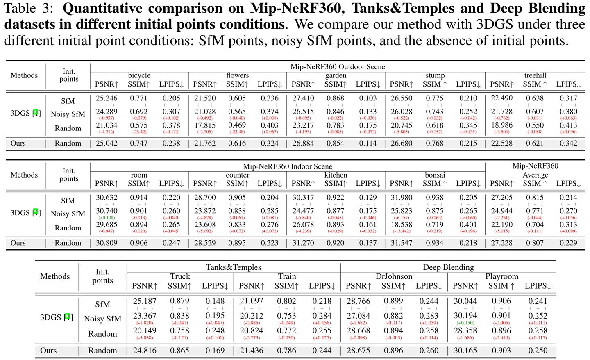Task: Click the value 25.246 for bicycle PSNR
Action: [107, 98]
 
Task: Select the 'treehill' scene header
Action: [535, 75]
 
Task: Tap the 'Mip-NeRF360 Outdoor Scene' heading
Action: [338, 66]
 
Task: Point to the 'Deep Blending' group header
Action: [448, 267]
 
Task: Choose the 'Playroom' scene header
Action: [501, 276]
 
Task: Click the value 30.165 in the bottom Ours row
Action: [465, 351]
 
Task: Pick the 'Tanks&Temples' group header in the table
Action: [234, 267]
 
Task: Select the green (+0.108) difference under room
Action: [107, 218]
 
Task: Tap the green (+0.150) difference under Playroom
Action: [465, 323]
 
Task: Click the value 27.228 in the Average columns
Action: [501, 243]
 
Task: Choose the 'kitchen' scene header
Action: [336, 175]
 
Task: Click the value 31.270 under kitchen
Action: [303, 243]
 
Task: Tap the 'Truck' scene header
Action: [180, 276]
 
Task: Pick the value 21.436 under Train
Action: [251, 351]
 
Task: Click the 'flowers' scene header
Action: [238, 75]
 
